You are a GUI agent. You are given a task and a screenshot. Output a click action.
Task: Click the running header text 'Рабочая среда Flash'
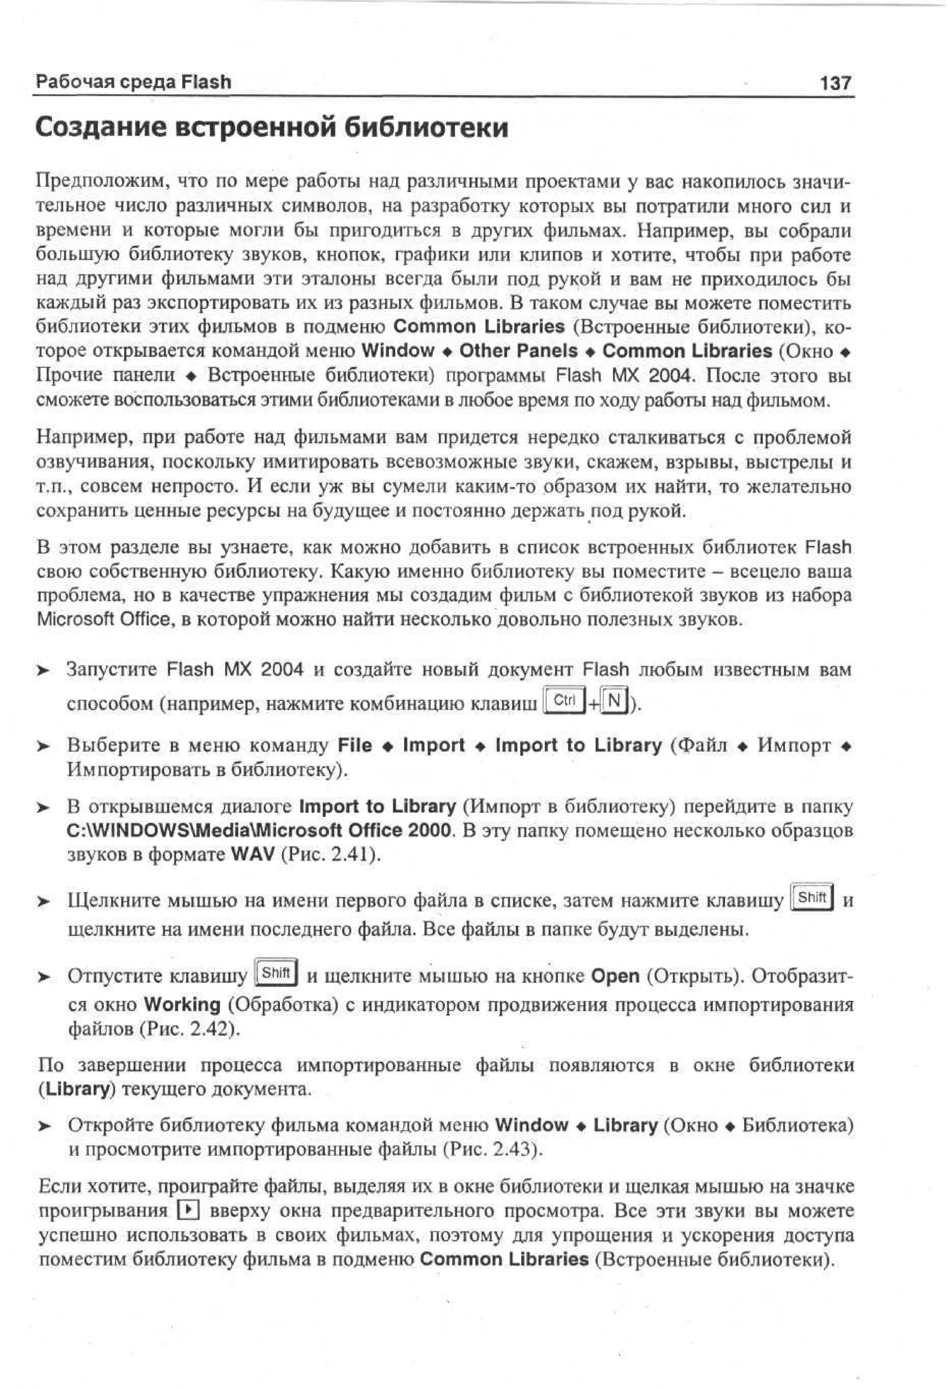(133, 81)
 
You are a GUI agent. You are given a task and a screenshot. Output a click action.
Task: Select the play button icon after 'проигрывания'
(187, 1210)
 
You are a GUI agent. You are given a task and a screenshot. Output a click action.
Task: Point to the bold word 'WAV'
(252, 854)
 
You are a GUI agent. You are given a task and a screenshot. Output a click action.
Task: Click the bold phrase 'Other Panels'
(518, 351)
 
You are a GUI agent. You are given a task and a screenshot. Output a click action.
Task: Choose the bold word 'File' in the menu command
(355, 745)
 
